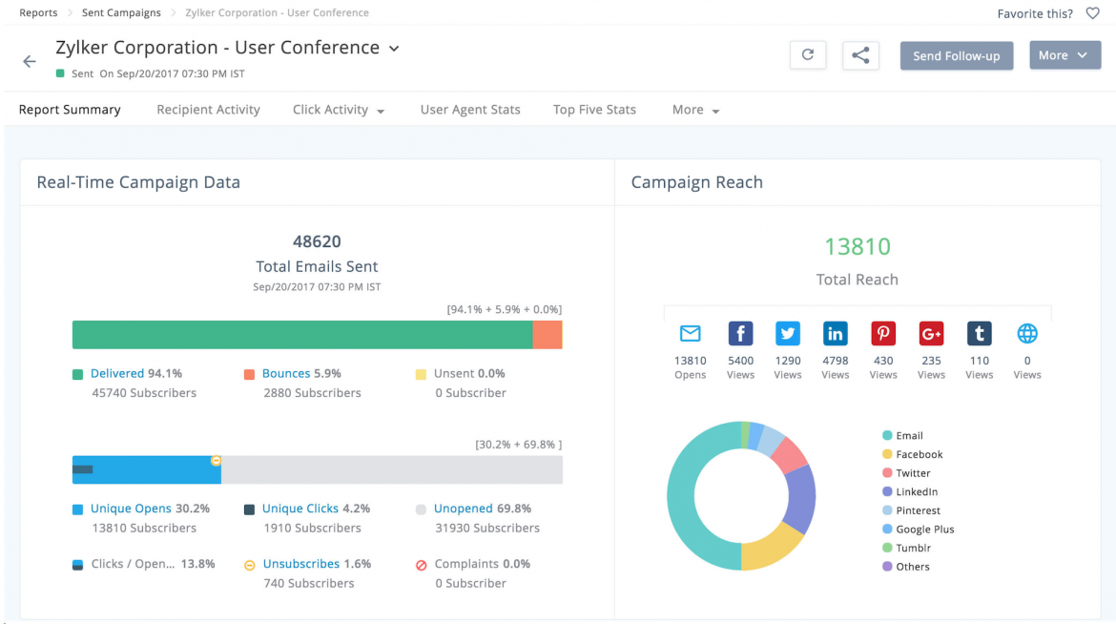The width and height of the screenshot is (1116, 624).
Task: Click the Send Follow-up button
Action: [x=956, y=55]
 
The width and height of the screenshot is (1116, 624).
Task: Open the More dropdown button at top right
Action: [x=1064, y=55]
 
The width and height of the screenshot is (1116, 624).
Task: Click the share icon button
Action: [x=859, y=55]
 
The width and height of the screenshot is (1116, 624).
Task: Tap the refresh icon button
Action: [x=807, y=55]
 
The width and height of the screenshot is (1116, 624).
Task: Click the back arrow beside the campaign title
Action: [x=30, y=61]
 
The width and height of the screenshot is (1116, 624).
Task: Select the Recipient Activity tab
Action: [x=208, y=110]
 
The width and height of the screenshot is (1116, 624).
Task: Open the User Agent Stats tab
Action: [x=470, y=110]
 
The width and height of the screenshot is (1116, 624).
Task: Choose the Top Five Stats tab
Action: [x=594, y=110]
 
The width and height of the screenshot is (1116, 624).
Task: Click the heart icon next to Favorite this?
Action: [x=1092, y=13]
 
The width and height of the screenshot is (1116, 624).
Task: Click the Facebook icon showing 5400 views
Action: [x=740, y=333]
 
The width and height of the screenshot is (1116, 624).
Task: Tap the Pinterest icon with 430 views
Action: [x=883, y=333]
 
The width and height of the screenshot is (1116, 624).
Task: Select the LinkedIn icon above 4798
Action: [x=836, y=333]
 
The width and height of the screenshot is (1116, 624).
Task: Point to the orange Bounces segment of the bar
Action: [x=547, y=335]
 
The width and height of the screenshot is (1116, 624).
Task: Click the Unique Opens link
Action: [x=131, y=509]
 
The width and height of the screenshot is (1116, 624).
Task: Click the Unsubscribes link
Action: [x=300, y=564]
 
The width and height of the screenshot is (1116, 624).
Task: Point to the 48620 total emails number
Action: [x=317, y=242]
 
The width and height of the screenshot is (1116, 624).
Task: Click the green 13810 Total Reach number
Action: [x=857, y=246]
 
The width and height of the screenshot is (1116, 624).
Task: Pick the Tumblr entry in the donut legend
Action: [x=913, y=548]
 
